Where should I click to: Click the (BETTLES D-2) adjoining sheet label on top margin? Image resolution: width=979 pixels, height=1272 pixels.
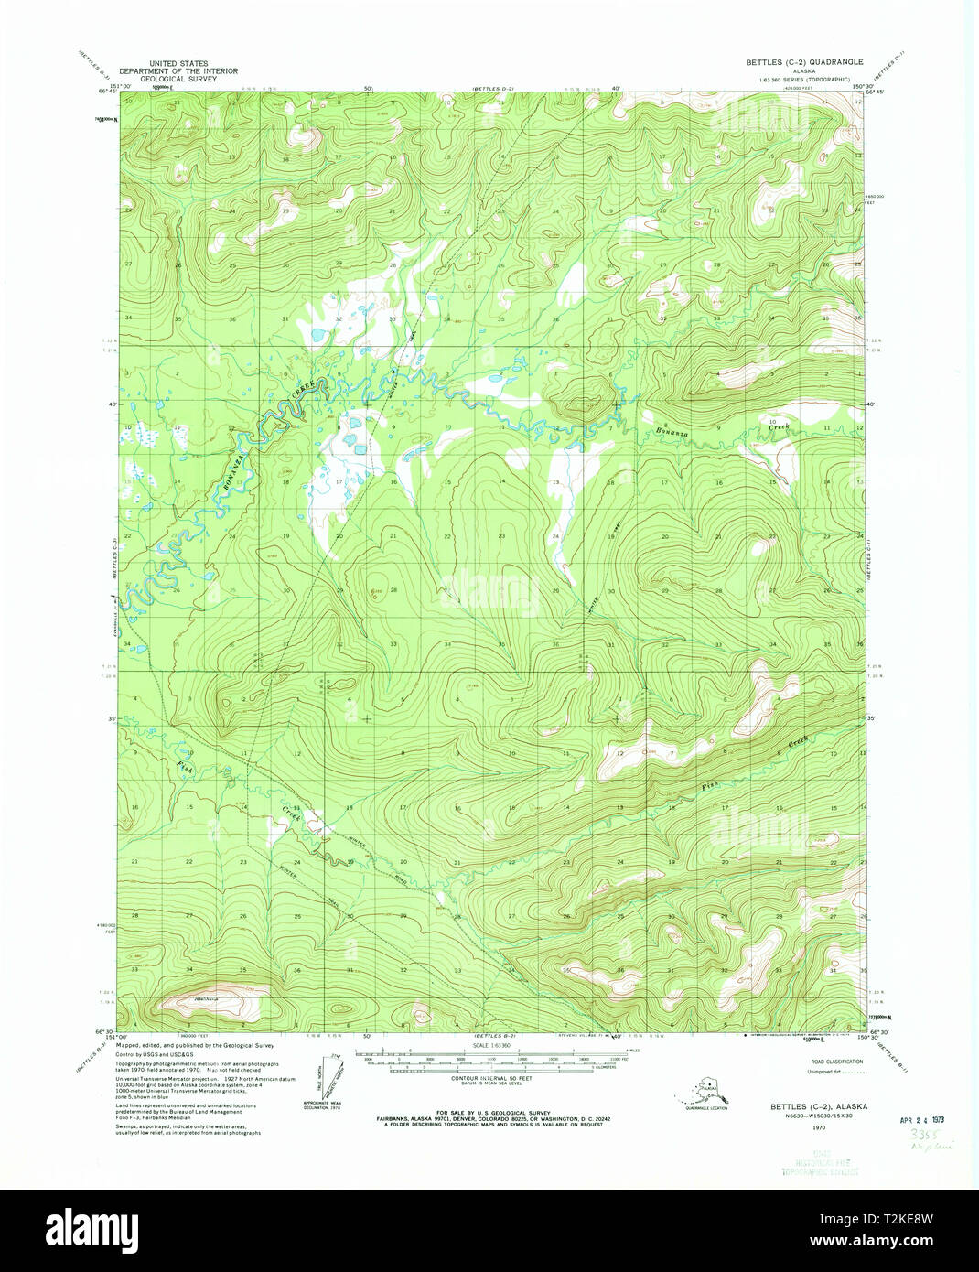(x=492, y=89)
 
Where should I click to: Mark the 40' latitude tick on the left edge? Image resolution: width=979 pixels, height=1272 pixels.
(x=109, y=404)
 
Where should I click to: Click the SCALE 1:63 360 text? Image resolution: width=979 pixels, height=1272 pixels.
(x=492, y=1047)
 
